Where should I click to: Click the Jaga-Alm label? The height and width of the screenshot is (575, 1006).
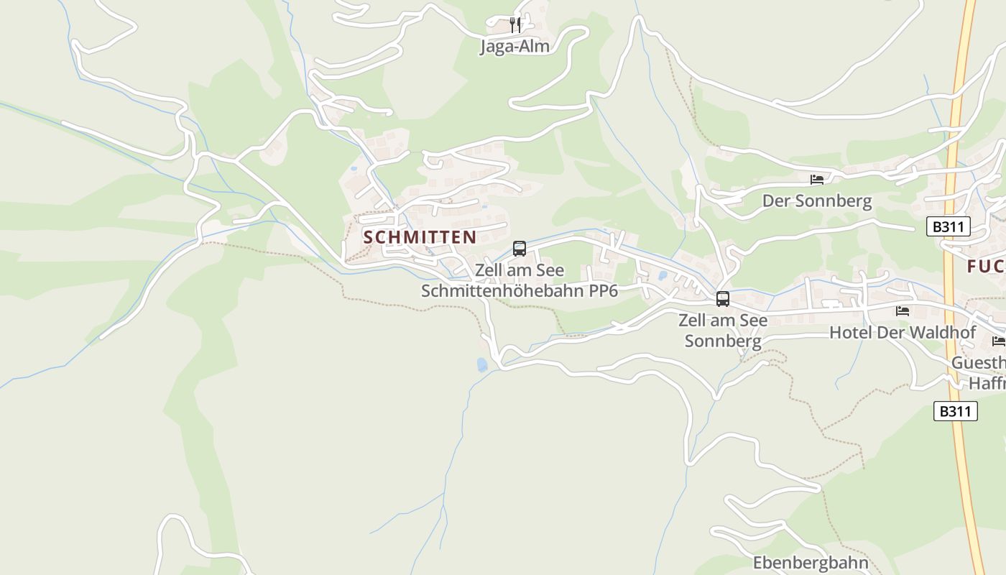[x=514, y=47]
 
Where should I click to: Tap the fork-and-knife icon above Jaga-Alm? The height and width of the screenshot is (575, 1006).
[x=514, y=25]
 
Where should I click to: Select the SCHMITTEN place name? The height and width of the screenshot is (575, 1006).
[x=420, y=237]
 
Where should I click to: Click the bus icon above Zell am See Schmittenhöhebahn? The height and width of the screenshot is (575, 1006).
[x=520, y=249]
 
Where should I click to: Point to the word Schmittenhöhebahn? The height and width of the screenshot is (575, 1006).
[x=503, y=290]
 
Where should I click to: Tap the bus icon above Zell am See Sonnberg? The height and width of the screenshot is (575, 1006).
[x=723, y=299]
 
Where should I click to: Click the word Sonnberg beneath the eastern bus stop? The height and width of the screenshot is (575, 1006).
[x=723, y=341]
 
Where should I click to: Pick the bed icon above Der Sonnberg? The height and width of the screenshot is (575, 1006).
[x=817, y=179]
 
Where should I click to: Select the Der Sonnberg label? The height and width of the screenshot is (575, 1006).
[x=817, y=201]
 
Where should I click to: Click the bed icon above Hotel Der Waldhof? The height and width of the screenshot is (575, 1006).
[x=903, y=311]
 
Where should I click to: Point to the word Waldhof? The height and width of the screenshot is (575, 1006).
[x=941, y=333]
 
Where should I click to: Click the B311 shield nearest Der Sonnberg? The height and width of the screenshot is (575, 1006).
[x=949, y=227]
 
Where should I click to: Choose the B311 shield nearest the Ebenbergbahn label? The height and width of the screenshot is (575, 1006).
[x=956, y=411]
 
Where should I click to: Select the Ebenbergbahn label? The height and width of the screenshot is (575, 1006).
[x=811, y=562]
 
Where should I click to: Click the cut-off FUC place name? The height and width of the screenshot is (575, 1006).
[x=986, y=267]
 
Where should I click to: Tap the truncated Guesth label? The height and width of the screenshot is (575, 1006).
[x=978, y=363]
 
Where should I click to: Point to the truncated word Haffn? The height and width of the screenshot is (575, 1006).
[x=987, y=383]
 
